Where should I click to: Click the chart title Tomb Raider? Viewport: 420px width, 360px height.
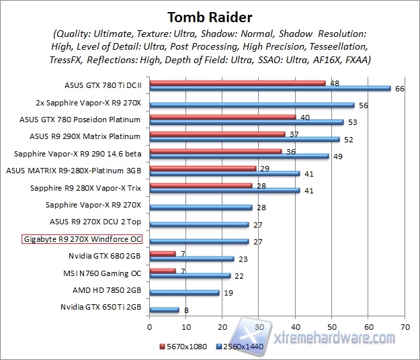click(210, 15)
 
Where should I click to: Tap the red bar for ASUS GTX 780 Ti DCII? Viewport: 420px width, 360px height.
click(237, 83)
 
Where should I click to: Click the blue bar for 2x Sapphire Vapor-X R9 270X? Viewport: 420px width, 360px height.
click(252, 105)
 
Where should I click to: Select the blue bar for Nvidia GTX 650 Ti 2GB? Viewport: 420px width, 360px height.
click(165, 310)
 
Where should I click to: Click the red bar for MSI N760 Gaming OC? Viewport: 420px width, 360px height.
click(163, 271)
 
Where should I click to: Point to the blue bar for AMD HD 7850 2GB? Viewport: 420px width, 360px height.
click(184, 293)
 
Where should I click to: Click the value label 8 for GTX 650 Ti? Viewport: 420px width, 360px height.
click(186, 310)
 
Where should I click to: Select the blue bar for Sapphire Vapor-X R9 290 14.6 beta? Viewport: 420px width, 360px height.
click(239, 156)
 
